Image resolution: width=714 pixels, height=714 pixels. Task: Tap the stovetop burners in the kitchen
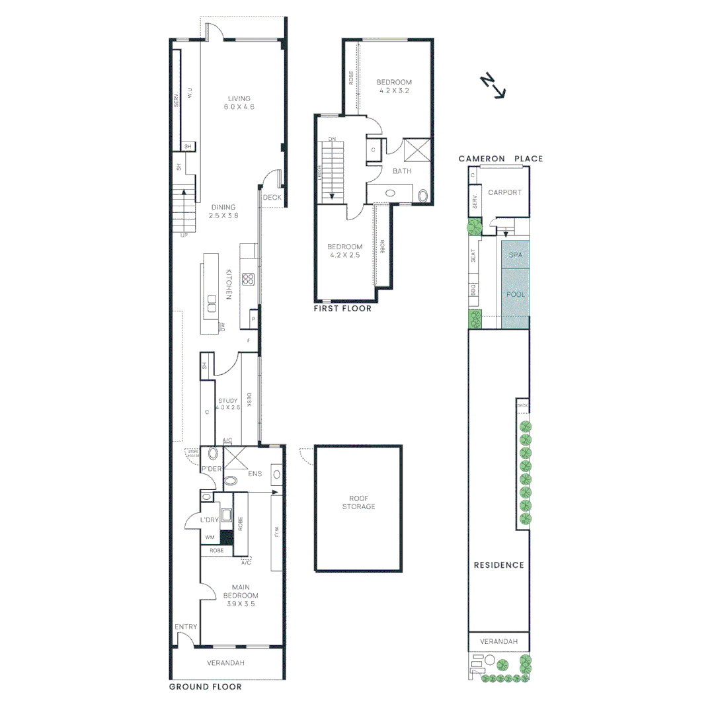249,279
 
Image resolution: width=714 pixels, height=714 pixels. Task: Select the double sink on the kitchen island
212,306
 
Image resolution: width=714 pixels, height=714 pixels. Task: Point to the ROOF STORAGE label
358,502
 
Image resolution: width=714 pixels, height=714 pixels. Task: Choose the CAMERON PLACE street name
502,159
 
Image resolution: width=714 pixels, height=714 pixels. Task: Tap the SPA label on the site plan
516,254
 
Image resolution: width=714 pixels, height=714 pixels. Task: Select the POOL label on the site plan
516,294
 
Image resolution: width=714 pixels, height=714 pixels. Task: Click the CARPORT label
504,193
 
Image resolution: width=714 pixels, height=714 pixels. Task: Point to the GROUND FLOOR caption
205,687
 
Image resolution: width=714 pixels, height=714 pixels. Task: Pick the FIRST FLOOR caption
343,309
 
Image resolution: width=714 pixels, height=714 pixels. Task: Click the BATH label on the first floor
402,171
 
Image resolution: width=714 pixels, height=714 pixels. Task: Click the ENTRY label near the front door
186,627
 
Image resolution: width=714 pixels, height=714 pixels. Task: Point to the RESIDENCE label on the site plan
498,565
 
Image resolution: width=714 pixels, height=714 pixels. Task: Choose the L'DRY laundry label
210,520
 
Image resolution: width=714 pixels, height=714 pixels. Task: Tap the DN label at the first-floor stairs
332,139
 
